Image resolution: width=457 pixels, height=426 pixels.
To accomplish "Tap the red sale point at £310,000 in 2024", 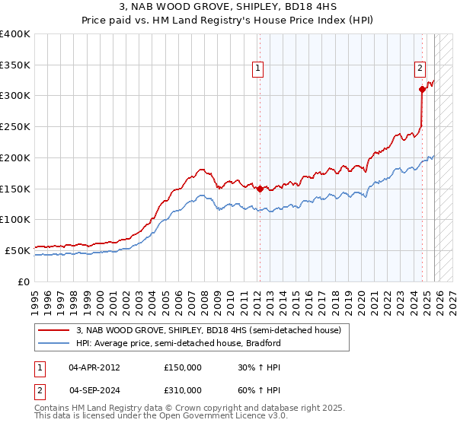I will [422, 89].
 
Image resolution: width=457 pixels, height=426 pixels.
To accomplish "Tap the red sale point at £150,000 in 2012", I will [260, 189].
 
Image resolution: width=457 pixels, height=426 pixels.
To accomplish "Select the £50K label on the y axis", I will [18, 250].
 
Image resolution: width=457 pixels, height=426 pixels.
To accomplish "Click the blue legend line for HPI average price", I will [56, 343].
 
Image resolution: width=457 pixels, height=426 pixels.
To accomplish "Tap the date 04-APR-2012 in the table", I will [94, 367].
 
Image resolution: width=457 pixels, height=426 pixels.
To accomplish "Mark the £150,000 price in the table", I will [183, 367].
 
